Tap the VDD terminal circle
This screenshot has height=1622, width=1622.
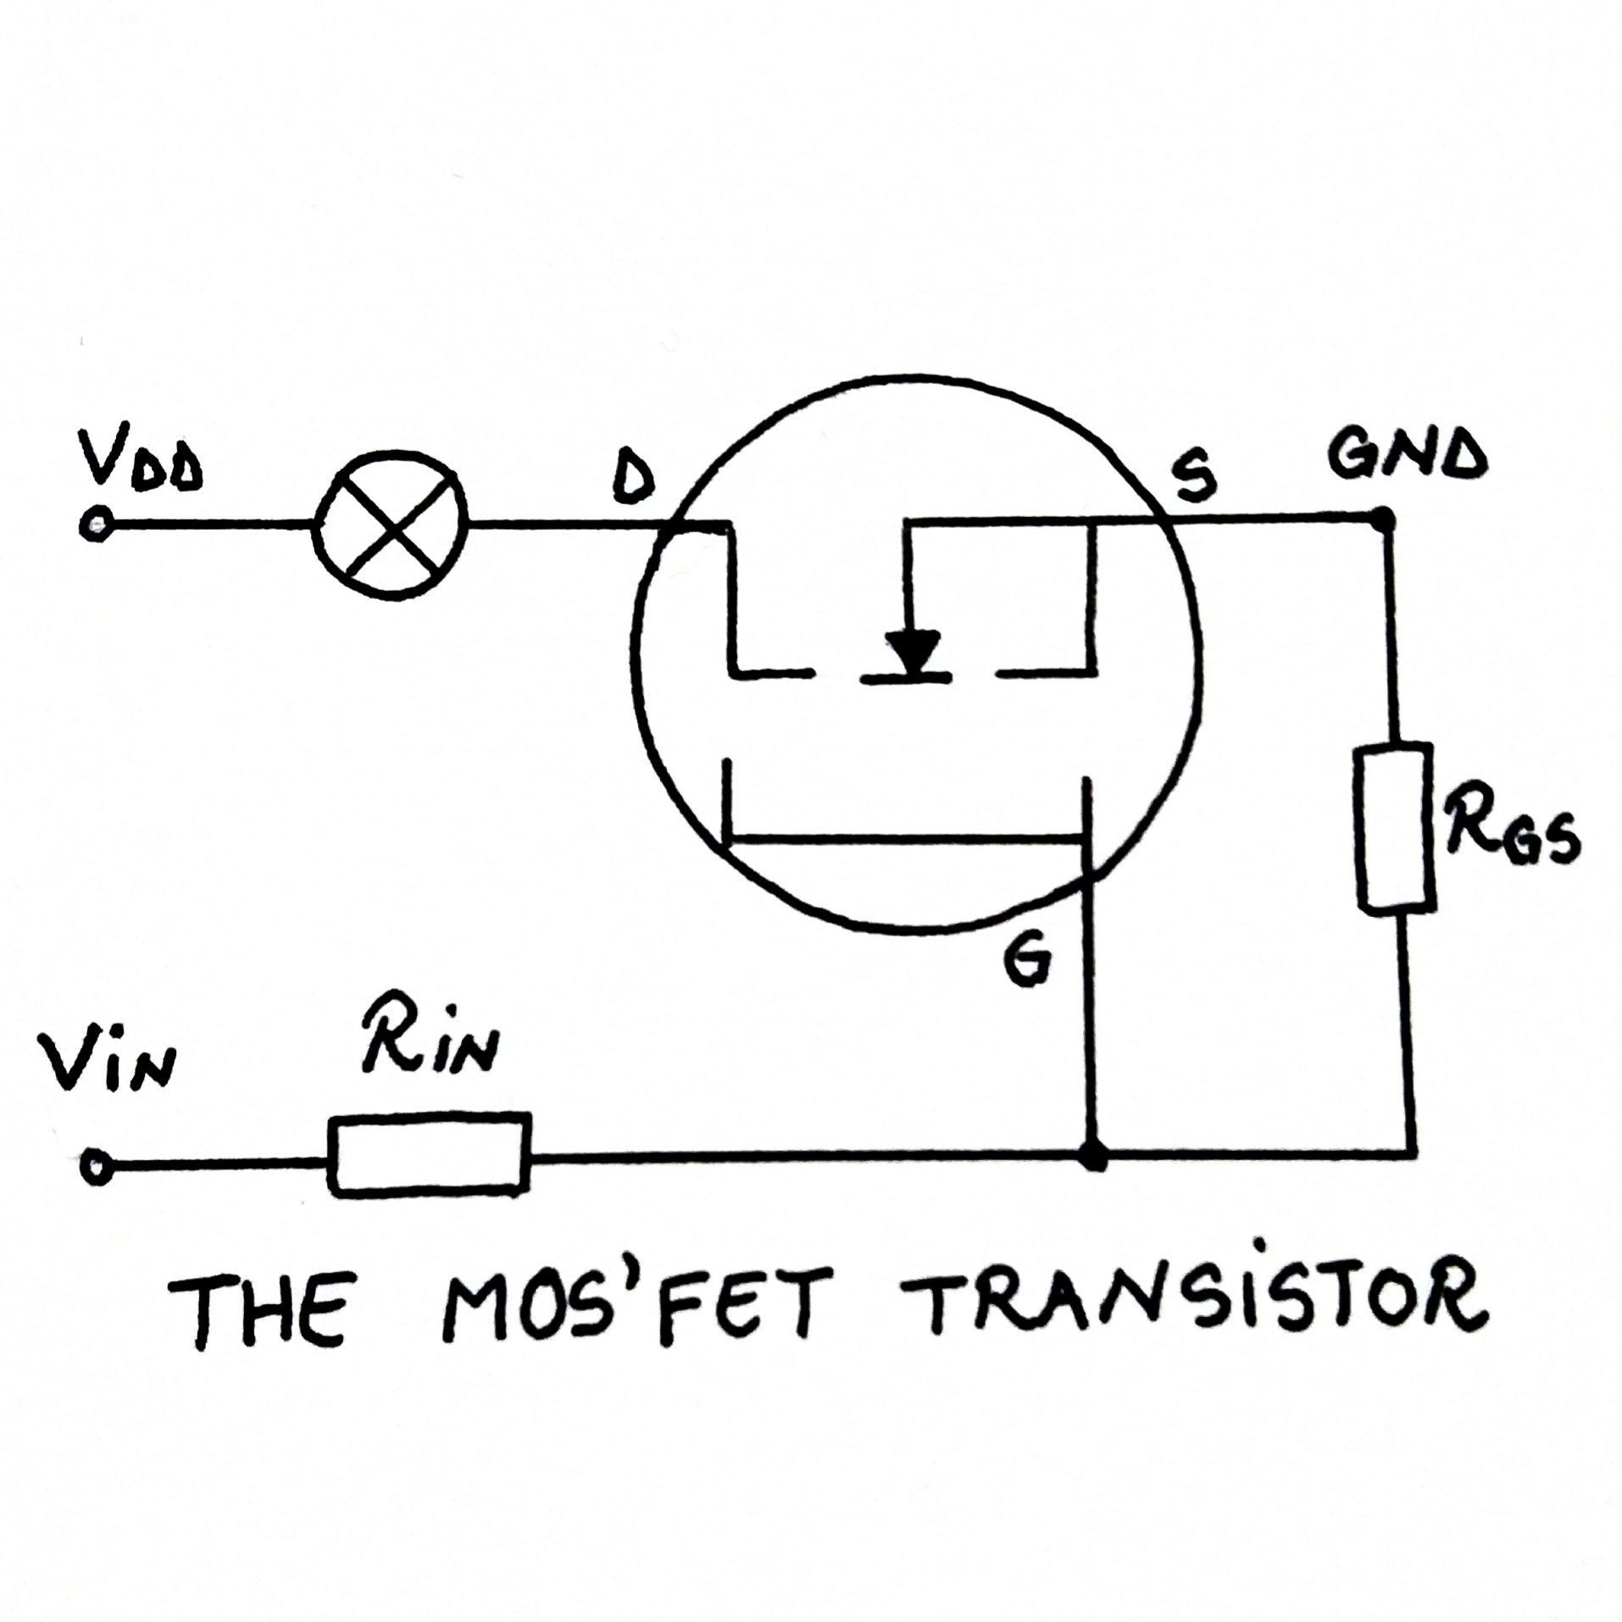[x=96, y=525]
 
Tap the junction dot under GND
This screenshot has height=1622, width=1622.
[x=1382, y=518]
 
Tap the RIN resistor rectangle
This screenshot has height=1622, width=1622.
[x=430, y=1153]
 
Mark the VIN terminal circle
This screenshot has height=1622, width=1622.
[x=97, y=1166]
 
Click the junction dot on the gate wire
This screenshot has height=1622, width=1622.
[x=1094, y=1156]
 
